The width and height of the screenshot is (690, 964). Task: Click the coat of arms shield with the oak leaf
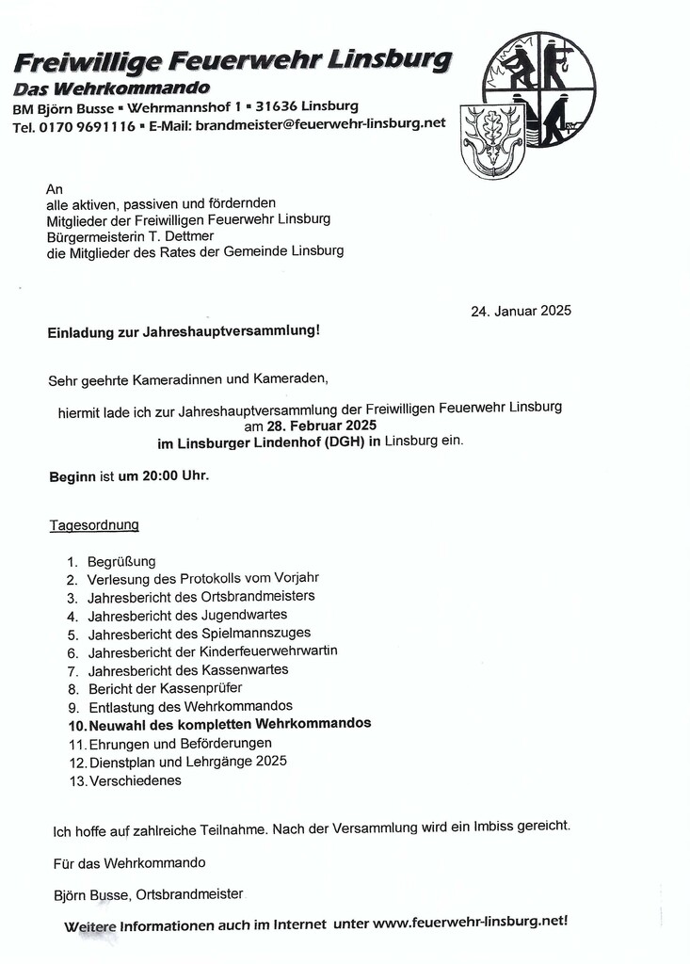pyautogui.click(x=491, y=140)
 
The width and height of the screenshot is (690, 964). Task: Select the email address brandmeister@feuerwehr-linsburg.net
pyautogui.click(x=319, y=124)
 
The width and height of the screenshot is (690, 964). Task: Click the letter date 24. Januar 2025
pyautogui.click(x=521, y=311)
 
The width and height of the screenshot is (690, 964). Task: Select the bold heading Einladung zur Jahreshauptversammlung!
pyautogui.click(x=184, y=331)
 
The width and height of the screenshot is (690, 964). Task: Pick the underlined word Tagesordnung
pyautogui.click(x=94, y=524)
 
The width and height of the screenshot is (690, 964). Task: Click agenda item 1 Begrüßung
pyautogui.click(x=121, y=562)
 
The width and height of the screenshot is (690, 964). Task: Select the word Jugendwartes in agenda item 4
pyautogui.click(x=245, y=615)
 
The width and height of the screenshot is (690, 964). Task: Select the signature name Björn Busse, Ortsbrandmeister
pyautogui.click(x=149, y=894)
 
